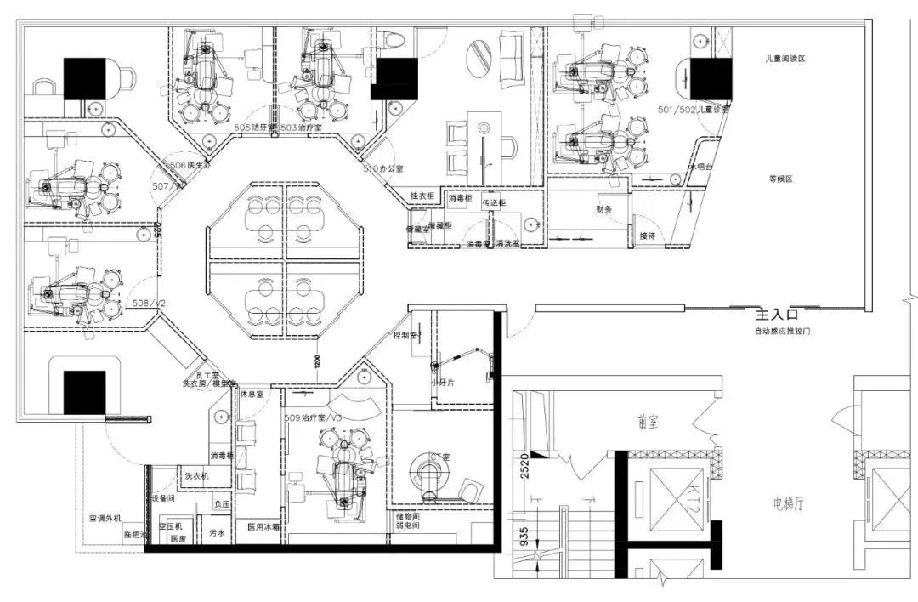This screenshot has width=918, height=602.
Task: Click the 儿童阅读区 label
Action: [784, 60]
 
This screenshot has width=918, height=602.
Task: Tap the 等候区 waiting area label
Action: [780, 179]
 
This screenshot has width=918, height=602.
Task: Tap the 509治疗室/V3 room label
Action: [314, 418]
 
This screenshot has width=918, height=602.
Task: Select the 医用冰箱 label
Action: [263, 527]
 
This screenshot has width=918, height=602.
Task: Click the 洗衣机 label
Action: [191, 476]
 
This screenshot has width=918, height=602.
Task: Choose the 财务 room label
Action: [603, 209]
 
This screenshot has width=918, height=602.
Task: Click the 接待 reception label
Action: [648, 236]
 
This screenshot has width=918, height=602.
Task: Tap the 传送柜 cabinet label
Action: [495, 203]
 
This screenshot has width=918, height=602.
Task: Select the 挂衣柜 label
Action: [422, 196]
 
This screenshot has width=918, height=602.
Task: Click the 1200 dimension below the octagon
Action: [316, 361]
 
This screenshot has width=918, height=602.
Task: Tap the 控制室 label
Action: [405, 336]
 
